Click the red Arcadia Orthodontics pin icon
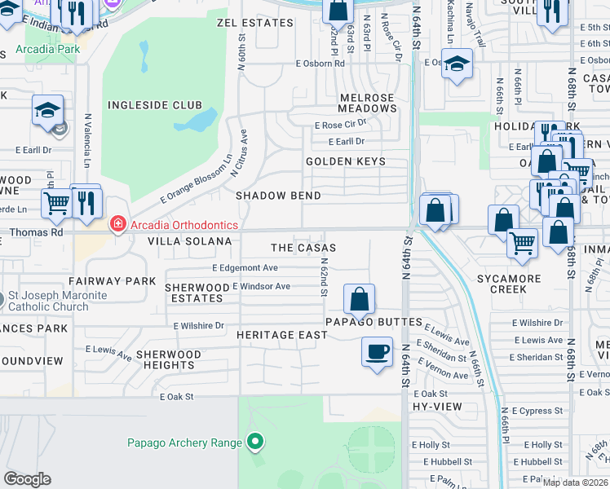117,223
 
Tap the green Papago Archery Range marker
255,443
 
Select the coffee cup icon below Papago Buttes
376,352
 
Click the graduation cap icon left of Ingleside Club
47,111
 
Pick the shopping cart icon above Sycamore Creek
521,242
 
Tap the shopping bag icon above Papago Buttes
359,299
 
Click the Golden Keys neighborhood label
345,161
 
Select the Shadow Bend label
278,196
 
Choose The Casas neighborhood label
303,248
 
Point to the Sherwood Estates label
197,293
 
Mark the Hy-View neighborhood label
431,405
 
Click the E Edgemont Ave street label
245,267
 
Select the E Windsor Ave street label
261,286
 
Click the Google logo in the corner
27,479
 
